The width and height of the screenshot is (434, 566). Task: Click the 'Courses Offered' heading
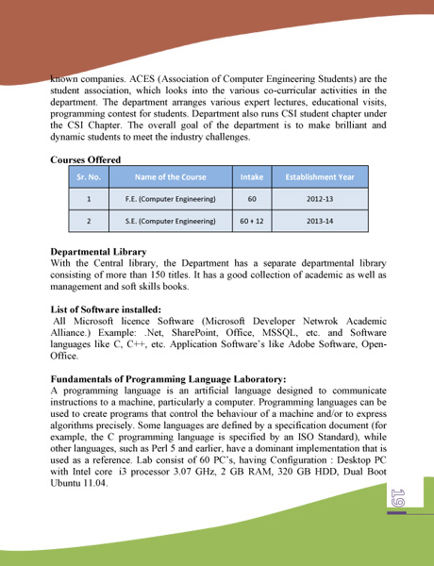(86, 159)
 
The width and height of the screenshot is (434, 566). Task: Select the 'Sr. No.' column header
(89, 176)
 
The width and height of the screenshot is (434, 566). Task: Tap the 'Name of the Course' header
(170, 176)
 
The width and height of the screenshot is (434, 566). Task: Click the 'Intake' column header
(252, 176)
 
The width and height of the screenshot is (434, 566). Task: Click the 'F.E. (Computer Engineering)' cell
(170, 200)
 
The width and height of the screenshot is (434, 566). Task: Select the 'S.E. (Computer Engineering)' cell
(170, 223)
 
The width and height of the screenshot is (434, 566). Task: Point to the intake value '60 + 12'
(252, 223)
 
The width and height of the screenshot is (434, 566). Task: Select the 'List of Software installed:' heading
(106, 308)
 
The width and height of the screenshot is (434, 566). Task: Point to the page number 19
(397, 497)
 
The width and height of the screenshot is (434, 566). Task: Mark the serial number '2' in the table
(89, 223)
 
